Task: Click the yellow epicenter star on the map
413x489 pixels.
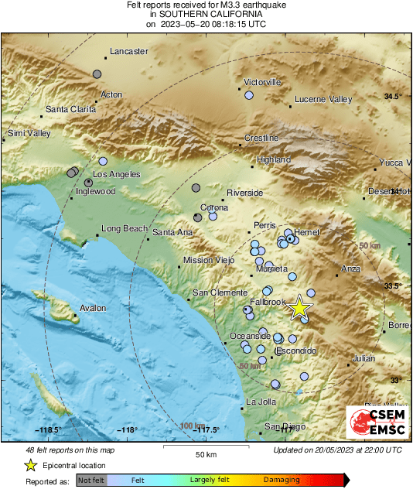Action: [x=299, y=309]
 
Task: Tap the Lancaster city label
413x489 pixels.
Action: [x=129, y=52]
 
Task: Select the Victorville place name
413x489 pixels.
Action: [x=263, y=82]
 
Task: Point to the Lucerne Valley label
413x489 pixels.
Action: [x=323, y=100]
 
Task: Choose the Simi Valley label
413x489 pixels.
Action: [x=29, y=134]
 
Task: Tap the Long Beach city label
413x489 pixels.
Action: [x=124, y=229]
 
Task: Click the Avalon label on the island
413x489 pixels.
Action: [x=93, y=308]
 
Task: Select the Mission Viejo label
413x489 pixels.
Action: [x=208, y=261]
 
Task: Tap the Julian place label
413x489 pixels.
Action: [x=364, y=358]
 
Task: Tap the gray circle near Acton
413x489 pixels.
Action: [x=97, y=74]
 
